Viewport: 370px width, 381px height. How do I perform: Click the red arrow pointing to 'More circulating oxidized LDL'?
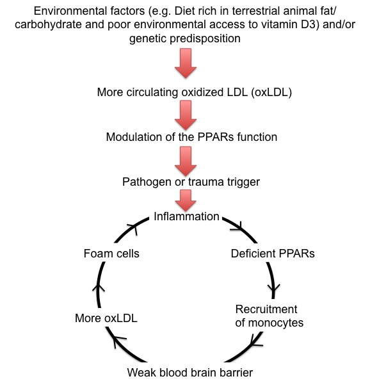click(x=186, y=63)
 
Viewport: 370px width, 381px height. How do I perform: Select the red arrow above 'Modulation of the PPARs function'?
click(x=186, y=115)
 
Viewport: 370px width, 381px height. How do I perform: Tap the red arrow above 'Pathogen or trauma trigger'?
click(x=186, y=161)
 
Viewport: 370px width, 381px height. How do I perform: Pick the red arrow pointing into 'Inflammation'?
click(x=186, y=200)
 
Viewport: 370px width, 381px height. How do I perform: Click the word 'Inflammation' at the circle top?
click(x=186, y=216)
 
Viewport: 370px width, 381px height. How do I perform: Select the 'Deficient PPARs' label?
click(x=273, y=254)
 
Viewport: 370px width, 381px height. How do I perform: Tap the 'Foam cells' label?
click(x=111, y=254)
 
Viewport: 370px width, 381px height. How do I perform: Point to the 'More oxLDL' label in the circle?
click(x=106, y=318)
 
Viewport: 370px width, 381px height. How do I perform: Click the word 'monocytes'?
click(x=276, y=323)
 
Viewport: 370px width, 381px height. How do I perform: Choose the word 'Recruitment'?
click(x=266, y=309)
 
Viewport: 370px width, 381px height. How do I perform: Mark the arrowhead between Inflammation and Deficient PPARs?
click(x=237, y=227)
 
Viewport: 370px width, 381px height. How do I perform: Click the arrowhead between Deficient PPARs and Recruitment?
click(x=274, y=288)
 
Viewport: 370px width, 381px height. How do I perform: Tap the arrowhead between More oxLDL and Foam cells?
click(x=98, y=288)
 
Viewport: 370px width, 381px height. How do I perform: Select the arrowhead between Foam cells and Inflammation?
click(x=133, y=229)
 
